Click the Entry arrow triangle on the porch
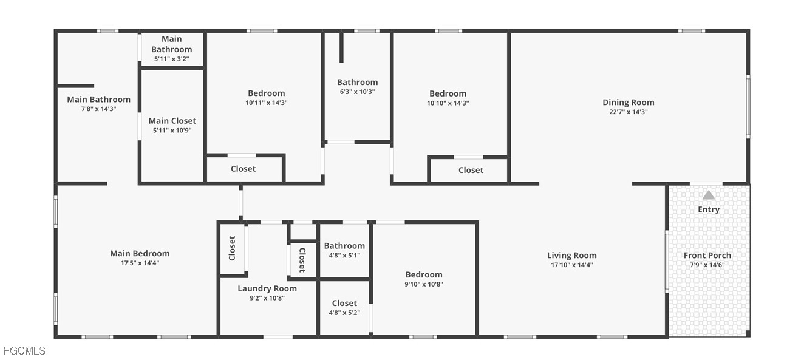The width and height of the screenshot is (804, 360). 709,195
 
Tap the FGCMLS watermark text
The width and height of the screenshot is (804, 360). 24,350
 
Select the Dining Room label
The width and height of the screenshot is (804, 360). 628,102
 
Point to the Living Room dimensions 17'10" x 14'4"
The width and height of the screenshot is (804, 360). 572,265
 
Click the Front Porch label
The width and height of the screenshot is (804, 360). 707,255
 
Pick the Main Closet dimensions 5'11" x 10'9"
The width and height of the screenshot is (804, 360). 172,131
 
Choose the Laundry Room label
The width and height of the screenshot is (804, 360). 267,288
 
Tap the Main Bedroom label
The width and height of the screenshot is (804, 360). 140,253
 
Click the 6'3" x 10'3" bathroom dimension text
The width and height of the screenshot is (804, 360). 357,92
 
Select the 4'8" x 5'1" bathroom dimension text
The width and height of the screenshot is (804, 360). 344,255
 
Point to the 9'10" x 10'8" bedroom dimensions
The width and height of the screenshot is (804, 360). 424,284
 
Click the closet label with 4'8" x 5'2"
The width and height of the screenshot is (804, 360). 344,303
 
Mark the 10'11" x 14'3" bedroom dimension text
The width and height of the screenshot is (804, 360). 267,103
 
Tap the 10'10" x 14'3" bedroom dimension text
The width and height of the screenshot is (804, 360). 448,103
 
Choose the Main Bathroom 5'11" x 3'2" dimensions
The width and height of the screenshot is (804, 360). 172,59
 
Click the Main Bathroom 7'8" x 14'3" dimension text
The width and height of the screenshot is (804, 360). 99,109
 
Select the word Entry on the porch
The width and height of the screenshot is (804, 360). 709,209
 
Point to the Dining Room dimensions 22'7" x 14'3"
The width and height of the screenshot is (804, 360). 628,112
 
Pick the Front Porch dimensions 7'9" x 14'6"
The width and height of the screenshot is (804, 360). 707,265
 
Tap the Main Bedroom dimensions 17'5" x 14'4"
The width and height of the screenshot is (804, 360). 140,263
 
